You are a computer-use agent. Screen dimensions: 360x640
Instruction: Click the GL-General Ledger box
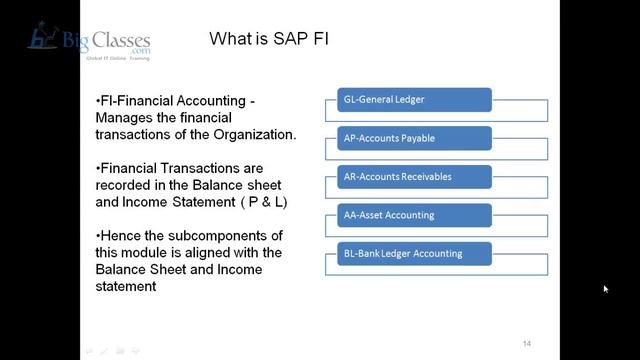408,99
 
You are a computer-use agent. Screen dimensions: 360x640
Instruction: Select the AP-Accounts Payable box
408,138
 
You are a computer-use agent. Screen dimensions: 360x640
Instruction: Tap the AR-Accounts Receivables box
408,177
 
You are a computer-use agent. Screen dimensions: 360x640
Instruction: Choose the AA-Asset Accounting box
408,215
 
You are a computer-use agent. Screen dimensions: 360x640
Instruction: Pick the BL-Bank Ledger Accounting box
408,253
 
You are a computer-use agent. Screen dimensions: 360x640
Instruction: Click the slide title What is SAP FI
268,40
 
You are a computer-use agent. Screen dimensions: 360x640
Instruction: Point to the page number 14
526,343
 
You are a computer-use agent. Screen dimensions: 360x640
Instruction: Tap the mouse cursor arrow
606,290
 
